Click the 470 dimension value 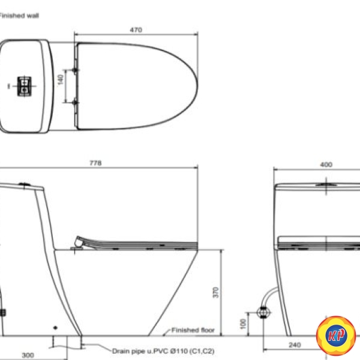coord(136,30)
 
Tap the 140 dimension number coord(60,79)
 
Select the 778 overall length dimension coord(95,163)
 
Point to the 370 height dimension coord(215,293)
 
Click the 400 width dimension coord(326,164)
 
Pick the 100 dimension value coord(243,324)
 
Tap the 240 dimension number coord(295,345)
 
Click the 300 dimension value coord(28,355)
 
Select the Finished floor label coord(193,330)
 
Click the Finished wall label coord(19,16)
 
